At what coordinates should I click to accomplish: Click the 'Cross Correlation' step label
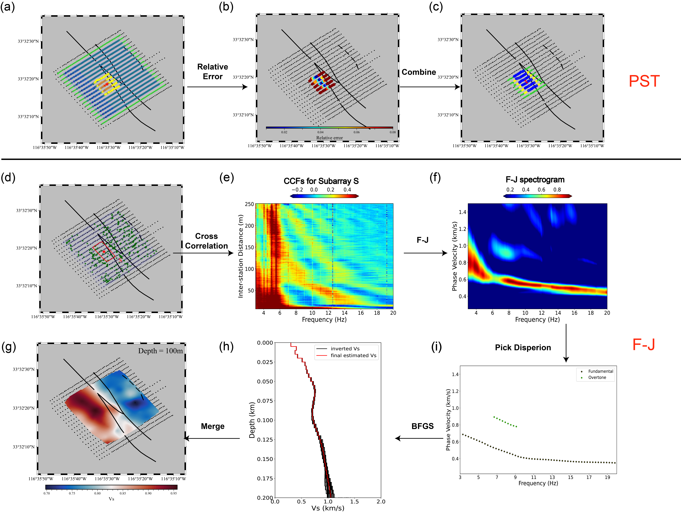pos(206,241)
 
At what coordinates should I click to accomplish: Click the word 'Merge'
pos(212,426)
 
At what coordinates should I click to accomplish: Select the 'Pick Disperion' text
pos(523,348)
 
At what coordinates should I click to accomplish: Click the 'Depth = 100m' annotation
pos(160,351)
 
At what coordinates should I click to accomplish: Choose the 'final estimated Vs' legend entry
pos(353,356)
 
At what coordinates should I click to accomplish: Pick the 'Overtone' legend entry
pos(597,378)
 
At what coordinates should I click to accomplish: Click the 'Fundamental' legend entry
pos(600,371)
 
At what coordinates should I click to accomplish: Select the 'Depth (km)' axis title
pos(252,420)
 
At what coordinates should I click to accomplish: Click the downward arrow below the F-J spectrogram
pos(566,343)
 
